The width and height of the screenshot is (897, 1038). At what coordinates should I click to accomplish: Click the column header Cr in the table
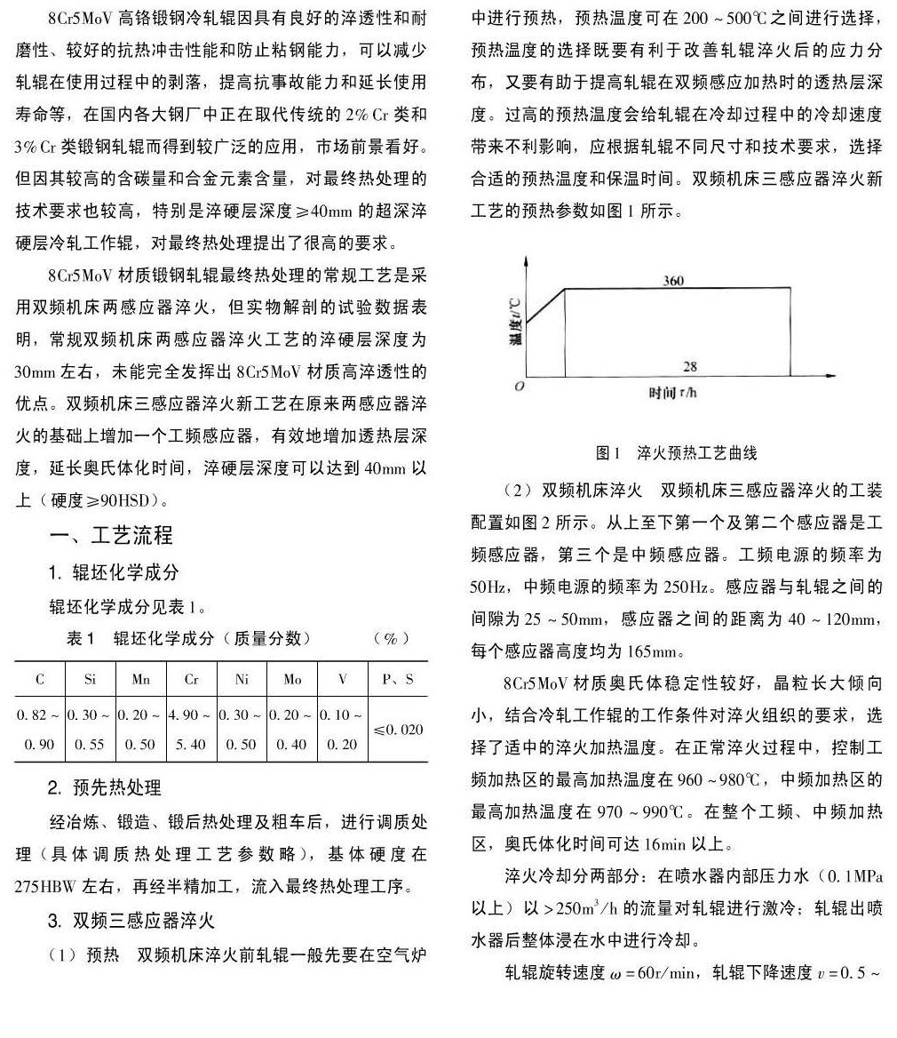click(x=191, y=680)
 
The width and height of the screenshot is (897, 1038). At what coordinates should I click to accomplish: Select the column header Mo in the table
click(x=292, y=680)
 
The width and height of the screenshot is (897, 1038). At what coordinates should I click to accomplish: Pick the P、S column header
click(x=397, y=680)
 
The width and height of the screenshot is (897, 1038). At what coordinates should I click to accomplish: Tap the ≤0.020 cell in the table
click(x=398, y=730)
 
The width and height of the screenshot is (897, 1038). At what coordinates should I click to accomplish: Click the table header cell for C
click(x=40, y=680)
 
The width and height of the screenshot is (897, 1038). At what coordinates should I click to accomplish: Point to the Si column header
click(x=91, y=680)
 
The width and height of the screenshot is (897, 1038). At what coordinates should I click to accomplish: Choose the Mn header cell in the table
click(x=141, y=680)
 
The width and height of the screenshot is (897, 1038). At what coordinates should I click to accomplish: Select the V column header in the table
click(x=343, y=680)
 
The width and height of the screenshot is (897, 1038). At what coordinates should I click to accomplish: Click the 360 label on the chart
click(x=673, y=281)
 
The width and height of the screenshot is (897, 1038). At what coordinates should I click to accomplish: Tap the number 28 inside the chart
click(x=691, y=366)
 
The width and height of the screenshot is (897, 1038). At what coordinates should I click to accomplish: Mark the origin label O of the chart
click(x=520, y=387)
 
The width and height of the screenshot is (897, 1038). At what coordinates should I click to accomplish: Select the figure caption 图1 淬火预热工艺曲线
click(x=677, y=453)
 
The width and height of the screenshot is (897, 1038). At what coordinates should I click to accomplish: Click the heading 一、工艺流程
click(x=111, y=535)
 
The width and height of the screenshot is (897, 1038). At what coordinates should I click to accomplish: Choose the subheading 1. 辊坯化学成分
click(x=114, y=572)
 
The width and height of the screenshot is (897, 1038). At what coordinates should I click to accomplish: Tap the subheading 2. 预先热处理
click(x=105, y=787)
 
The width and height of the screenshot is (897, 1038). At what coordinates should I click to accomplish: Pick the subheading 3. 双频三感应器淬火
click(x=131, y=920)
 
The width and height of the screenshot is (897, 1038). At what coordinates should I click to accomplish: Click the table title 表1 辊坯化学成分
click(x=188, y=638)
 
